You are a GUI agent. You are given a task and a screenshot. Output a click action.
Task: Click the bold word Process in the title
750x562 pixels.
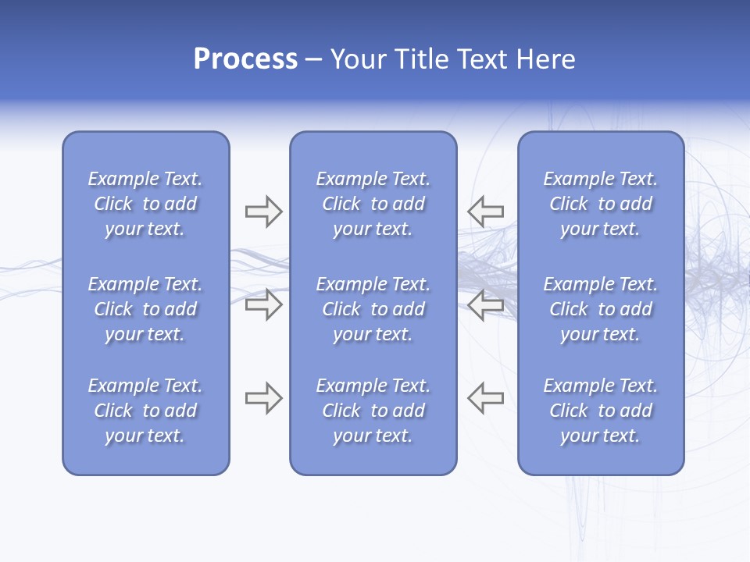(x=245, y=59)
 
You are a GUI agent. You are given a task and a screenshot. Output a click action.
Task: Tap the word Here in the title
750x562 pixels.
(x=545, y=59)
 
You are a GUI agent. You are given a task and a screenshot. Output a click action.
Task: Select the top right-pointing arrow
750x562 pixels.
(x=264, y=212)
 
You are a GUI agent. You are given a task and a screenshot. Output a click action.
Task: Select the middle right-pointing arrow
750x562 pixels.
(x=264, y=304)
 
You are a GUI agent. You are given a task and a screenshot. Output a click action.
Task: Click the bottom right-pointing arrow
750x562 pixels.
(x=264, y=398)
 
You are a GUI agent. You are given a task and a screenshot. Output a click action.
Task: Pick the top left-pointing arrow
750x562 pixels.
(x=485, y=212)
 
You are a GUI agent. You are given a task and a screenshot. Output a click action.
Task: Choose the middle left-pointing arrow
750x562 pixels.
(x=485, y=304)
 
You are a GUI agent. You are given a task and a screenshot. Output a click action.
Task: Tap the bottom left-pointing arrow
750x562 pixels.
(x=485, y=398)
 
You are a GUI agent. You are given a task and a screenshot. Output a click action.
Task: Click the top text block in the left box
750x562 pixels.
(x=145, y=204)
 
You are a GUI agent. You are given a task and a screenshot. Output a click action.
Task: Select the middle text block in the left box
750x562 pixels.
(x=145, y=309)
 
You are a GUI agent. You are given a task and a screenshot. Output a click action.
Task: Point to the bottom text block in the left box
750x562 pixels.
(x=145, y=411)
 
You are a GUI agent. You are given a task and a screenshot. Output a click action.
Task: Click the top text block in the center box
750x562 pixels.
(x=373, y=204)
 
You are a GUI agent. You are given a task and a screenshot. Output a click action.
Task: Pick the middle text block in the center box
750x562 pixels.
(x=373, y=309)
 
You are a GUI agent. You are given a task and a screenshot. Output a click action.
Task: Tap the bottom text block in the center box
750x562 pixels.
(x=373, y=411)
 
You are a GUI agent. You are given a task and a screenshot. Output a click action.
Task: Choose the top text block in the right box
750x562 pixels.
(x=601, y=204)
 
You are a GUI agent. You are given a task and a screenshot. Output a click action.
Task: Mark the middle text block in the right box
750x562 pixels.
(x=601, y=309)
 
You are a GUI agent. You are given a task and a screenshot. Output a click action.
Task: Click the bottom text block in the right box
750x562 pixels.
(x=601, y=411)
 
